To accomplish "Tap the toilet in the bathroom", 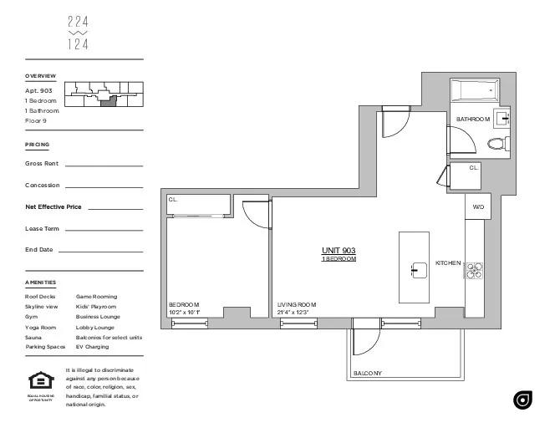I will coord(499,143).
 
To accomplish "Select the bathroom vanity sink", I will coord(503,118).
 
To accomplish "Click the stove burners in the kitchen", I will coord(475,269).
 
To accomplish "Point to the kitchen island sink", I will coord(414,269).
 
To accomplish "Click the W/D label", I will coord(478,206).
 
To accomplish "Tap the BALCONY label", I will coord(368,373).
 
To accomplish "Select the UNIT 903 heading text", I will coord(339,251).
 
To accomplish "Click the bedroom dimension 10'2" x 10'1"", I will coord(185,312).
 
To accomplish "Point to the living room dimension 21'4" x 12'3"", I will coord(293,312).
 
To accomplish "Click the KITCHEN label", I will coord(448,263).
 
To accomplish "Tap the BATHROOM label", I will coord(472,120).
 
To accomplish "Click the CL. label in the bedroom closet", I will coord(173,200).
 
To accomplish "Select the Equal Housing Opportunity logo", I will coord(39,380).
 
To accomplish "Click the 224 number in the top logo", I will coord(77,23).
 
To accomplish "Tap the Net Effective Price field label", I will coord(53,206).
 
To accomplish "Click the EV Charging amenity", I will coord(91,346).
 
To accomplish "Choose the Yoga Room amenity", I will coord(41,328).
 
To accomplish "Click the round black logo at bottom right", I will coord(523,400).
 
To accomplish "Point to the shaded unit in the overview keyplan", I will coord(106,102).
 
